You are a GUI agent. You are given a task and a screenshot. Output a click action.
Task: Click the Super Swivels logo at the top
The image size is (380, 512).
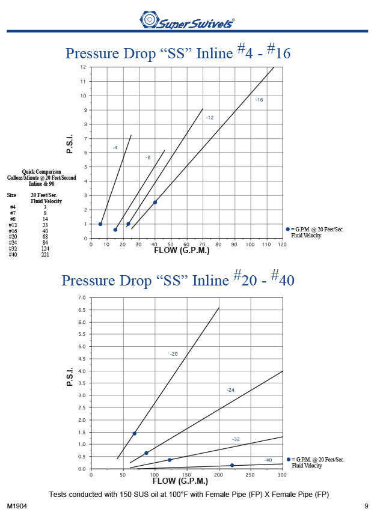point(187,22)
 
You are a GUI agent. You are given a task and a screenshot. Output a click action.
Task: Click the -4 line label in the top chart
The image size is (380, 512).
point(115,147)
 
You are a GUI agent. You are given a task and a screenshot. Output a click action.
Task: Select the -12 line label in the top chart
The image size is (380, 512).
point(209,118)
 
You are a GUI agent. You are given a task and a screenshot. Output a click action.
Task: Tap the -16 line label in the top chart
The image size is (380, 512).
point(259,100)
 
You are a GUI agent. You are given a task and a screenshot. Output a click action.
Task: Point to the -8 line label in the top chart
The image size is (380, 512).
point(148,157)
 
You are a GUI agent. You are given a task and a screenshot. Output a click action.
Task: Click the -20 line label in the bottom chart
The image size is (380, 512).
point(173,355)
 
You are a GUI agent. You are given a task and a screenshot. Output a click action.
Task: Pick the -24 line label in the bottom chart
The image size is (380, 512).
point(230,391)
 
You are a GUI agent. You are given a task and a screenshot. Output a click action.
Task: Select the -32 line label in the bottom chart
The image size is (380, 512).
point(236,440)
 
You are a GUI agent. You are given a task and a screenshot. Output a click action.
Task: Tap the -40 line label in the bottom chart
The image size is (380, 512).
point(268,460)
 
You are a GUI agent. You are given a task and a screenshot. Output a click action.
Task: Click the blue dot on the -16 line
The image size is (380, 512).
point(155,203)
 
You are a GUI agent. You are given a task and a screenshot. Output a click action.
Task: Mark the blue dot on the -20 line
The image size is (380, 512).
point(135,433)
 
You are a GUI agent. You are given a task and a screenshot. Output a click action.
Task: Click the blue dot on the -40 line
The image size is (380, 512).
point(232,465)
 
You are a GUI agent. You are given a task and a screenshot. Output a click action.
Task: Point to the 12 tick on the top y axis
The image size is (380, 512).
point(84,67)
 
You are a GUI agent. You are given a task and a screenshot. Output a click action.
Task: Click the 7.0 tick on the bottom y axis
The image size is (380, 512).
point(82,298)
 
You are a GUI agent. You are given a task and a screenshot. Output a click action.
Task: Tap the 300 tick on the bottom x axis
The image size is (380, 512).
point(283,475)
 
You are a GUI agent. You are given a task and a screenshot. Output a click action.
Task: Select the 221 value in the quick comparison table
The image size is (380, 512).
point(45,255)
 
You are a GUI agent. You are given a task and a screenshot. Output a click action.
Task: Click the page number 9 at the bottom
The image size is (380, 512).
point(366,505)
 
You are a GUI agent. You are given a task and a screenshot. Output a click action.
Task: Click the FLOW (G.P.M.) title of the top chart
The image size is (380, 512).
point(181,251)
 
